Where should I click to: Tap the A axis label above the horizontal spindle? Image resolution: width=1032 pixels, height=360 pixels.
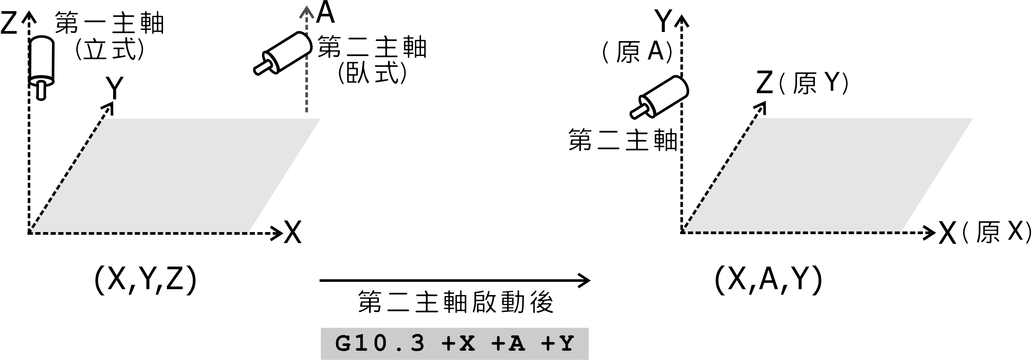click(325, 13)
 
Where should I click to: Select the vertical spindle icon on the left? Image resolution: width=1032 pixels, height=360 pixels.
click(42, 66)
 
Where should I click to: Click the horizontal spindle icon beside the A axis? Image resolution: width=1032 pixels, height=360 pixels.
click(283, 53)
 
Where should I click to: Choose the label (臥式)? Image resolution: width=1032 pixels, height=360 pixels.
click(372, 73)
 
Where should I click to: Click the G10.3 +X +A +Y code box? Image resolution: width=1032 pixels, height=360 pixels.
click(454, 343)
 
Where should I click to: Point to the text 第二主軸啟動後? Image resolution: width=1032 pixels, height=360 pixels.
click(455, 302)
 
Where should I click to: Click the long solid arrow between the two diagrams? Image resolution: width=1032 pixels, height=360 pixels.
click(454, 280)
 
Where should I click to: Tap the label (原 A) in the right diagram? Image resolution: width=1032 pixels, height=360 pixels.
click(637, 52)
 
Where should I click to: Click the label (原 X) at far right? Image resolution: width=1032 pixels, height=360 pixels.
click(996, 232)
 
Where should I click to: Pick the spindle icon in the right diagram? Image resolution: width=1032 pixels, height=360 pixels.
click(659, 97)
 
